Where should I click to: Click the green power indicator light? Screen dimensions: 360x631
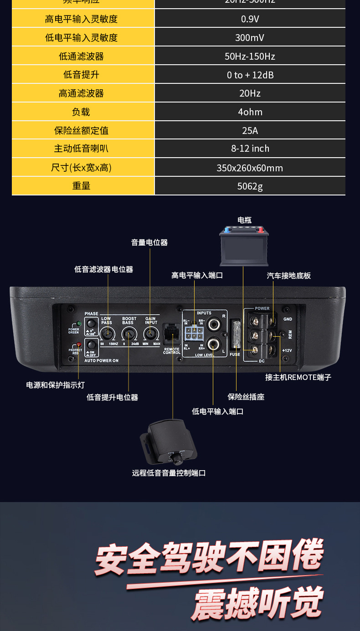(79, 323)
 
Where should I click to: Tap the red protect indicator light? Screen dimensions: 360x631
(79, 345)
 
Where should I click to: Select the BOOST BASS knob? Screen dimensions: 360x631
(129, 335)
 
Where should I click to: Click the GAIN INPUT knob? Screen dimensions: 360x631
(150, 335)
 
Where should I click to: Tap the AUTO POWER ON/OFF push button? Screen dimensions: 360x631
(92, 345)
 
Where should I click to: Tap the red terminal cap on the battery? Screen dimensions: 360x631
(261, 230)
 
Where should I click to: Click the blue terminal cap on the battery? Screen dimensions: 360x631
(227, 231)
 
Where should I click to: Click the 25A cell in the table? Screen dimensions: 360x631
(250, 131)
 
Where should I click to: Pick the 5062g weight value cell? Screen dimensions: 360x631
(250, 186)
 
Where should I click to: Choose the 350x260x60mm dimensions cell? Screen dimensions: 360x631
(250, 168)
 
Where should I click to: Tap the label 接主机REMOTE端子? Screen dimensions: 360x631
(298, 377)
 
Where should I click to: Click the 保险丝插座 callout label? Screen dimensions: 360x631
(246, 397)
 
